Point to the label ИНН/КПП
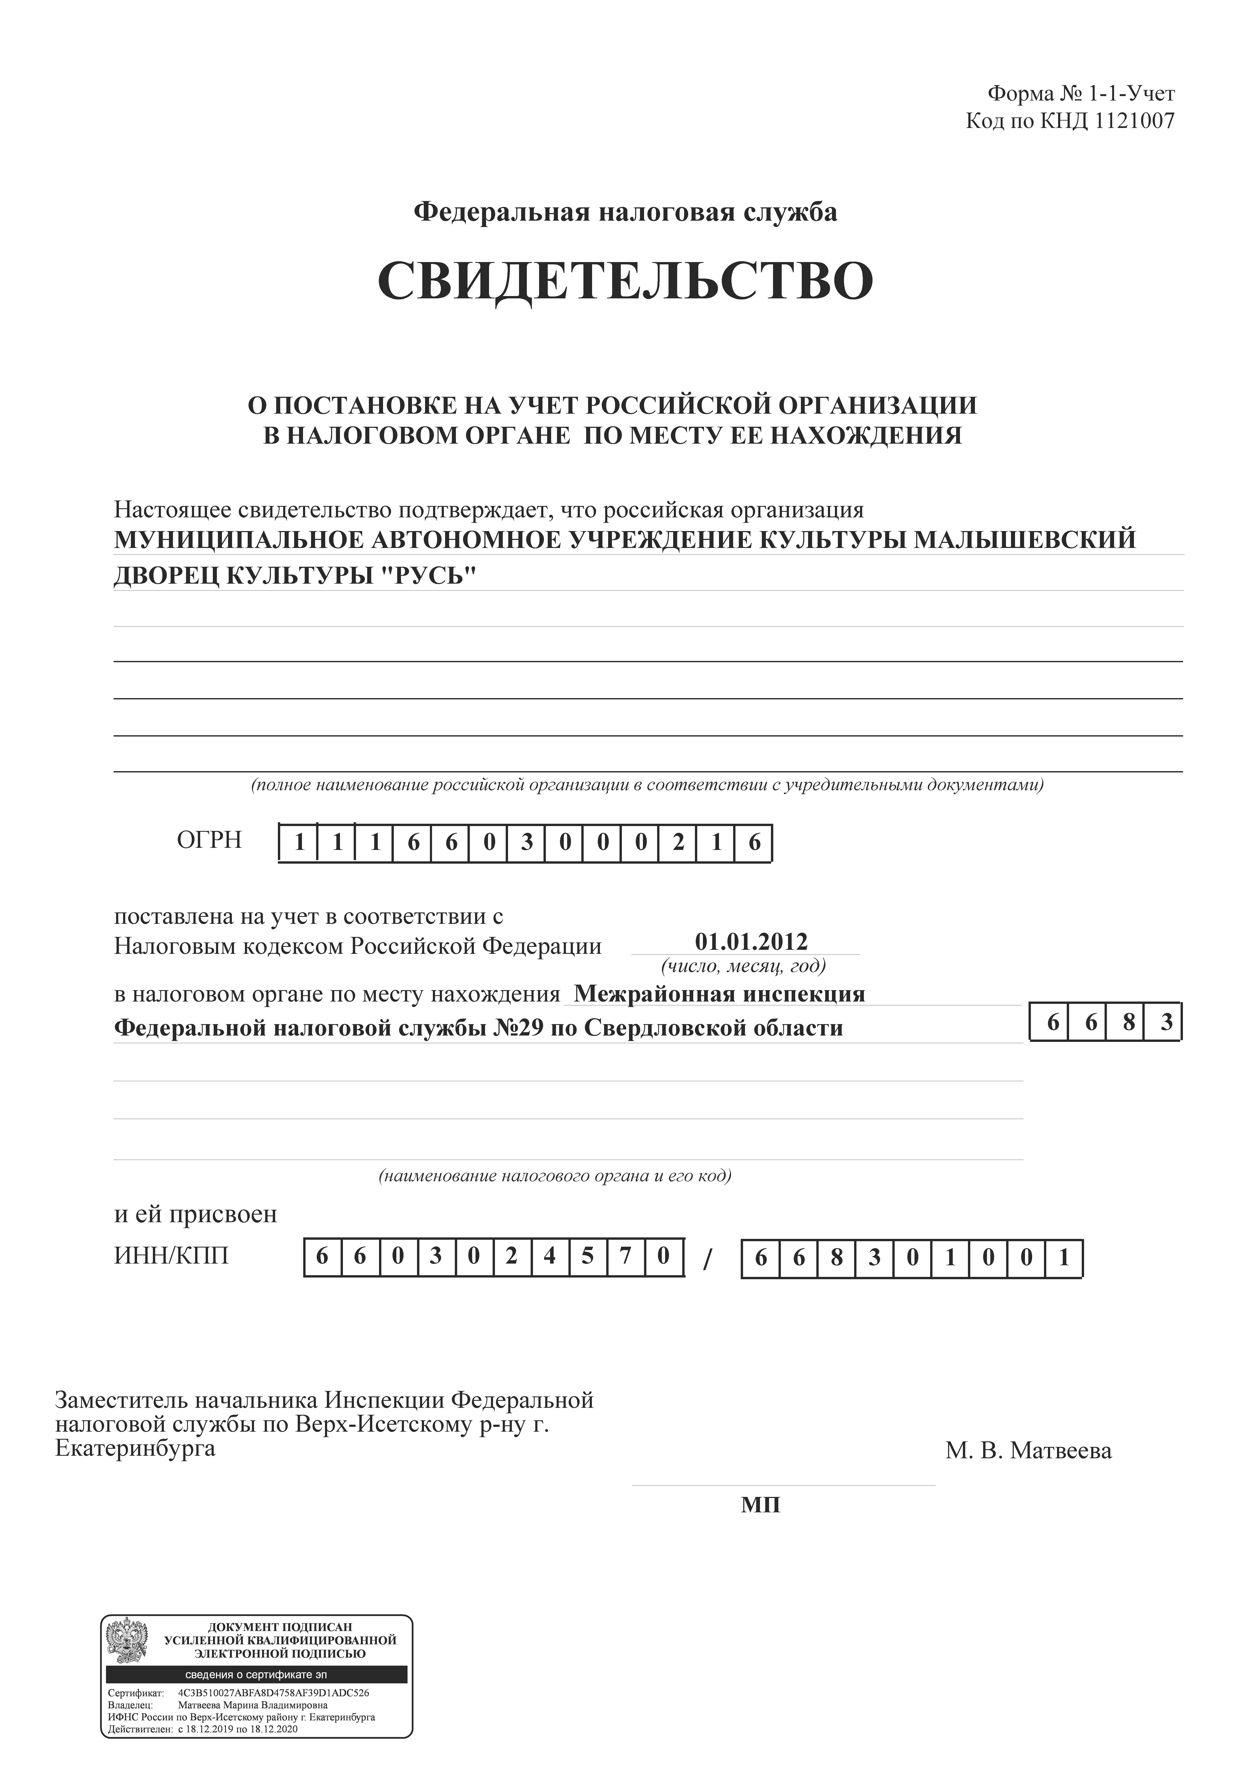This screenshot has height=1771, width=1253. click(x=171, y=1257)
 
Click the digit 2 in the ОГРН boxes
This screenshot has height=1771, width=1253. click(x=678, y=843)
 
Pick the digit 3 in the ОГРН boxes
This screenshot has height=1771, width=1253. click(x=527, y=843)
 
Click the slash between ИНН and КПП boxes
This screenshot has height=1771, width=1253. click(x=708, y=1260)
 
